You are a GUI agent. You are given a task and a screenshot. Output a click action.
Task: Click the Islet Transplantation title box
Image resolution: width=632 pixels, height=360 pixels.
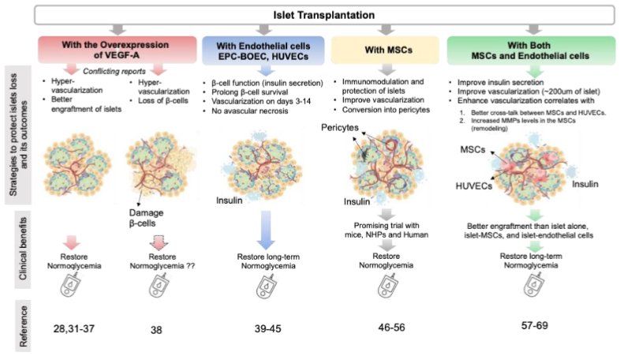tap(316, 13)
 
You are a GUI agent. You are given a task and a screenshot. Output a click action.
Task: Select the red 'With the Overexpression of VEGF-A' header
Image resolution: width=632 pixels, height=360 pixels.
tap(116, 49)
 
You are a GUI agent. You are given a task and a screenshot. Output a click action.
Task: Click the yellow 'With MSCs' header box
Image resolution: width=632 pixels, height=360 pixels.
tap(382, 49)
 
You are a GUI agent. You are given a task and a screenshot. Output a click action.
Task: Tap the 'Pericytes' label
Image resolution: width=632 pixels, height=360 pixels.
tap(338, 126)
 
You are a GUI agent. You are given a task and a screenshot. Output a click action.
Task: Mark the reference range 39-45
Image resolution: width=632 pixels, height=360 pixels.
tap(267, 326)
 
